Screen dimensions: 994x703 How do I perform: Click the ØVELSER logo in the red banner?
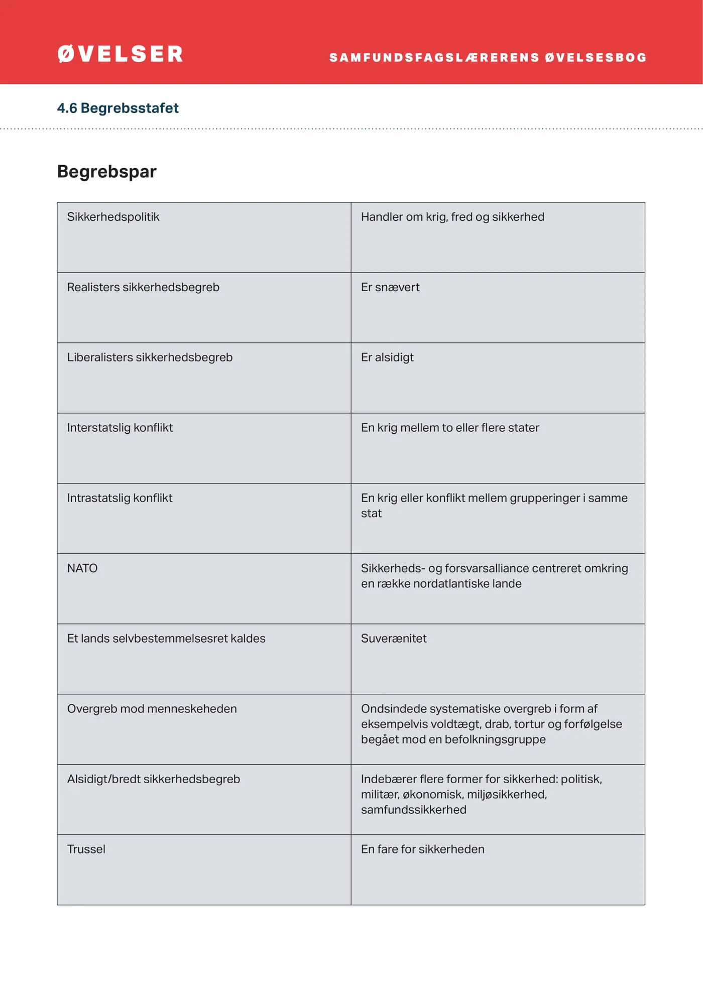[121, 54]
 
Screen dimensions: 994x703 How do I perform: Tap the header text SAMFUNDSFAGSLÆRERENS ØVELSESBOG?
[488, 58]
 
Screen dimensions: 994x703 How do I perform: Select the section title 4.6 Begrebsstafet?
[118, 108]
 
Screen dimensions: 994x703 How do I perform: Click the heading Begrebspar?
[107, 172]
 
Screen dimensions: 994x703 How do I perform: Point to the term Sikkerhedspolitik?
[113, 217]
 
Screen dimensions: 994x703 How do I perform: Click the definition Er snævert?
[390, 287]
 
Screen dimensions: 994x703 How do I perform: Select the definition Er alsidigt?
[387, 357]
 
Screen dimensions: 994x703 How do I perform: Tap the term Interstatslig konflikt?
[120, 428]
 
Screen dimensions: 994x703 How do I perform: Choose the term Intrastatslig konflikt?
[120, 498]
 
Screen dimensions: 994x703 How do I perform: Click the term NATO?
[82, 568]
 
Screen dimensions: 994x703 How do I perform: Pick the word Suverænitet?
[394, 639]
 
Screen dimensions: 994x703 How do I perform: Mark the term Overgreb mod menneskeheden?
[152, 709]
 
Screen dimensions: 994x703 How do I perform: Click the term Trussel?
[86, 849]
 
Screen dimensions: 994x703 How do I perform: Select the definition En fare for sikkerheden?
[423, 849]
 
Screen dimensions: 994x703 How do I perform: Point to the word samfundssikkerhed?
[414, 810]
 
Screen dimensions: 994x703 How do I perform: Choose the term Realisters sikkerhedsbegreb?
[144, 287]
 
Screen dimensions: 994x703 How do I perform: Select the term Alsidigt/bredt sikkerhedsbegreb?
[154, 779]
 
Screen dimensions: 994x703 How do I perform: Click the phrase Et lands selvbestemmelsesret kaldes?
[166, 639]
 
